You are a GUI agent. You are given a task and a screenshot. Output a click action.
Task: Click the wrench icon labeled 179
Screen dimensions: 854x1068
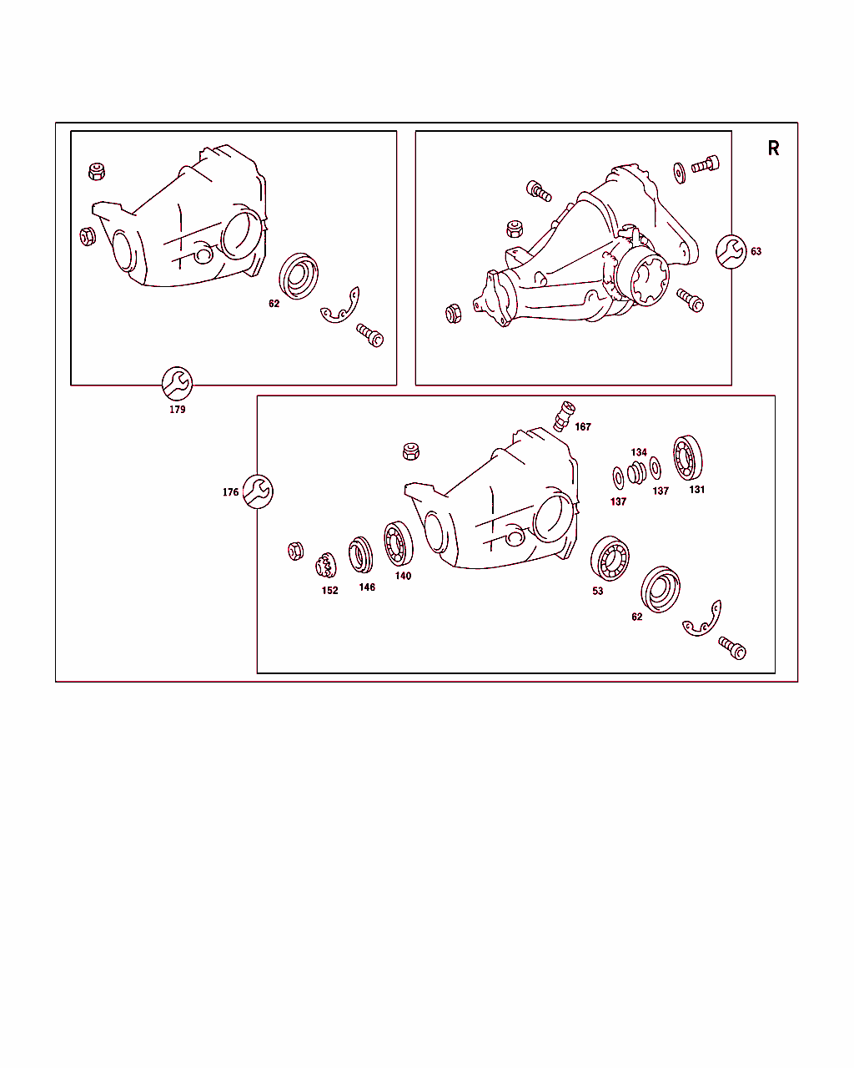pos(177,384)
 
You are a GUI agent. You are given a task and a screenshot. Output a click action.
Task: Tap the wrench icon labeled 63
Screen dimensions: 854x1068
pos(731,252)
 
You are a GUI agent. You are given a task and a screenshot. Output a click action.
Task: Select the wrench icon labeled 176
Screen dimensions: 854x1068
pos(258,491)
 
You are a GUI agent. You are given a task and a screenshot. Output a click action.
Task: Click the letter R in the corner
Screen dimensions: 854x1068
pos(773,148)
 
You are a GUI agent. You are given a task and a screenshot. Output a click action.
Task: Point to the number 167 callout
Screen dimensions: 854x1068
pos(583,427)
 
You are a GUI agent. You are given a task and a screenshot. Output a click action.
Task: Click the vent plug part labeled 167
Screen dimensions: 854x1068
pos(564,416)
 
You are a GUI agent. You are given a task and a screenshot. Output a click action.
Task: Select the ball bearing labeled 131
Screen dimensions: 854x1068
pos(688,457)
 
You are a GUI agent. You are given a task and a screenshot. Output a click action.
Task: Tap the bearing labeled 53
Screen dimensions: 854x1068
pos(610,558)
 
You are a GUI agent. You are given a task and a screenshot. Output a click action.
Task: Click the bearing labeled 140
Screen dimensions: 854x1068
pos(399,543)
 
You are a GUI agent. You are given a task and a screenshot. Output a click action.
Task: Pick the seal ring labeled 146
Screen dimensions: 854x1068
pos(361,554)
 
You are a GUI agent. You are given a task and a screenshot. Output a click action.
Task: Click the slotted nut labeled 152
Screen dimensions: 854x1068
pos(326,565)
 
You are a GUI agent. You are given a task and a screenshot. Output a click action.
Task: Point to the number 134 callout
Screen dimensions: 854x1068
pos(639,452)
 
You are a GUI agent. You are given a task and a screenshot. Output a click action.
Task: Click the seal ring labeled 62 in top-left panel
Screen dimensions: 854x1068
pos(299,276)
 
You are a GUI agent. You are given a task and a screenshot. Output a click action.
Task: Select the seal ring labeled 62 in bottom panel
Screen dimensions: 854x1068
pos(661,589)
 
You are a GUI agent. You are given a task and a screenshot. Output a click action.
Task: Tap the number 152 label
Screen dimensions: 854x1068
pos(329,590)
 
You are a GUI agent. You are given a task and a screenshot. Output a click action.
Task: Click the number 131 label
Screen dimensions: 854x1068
pos(696,489)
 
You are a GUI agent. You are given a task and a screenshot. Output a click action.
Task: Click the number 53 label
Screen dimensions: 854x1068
pos(597,591)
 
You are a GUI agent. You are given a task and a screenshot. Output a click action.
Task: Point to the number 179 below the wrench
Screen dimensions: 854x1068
pos(177,410)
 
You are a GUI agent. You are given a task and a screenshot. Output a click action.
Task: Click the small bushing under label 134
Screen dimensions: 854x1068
pos(636,472)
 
